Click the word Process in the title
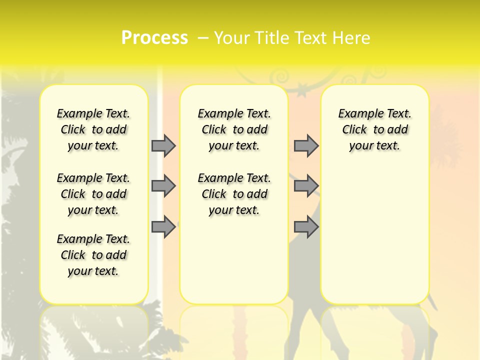coord(154,38)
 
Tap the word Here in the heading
coord(352,38)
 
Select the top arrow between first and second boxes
coord(163,145)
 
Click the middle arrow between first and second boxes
coord(163,186)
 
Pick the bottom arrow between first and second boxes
coord(163,227)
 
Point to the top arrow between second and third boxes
coord(306,145)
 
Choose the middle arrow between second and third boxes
coord(306,186)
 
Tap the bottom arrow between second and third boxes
coord(306,227)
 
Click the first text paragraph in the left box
coord(93,129)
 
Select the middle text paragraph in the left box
coord(93,194)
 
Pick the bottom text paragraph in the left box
coord(93,255)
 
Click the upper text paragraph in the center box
coord(234,129)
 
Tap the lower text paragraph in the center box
coord(234,194)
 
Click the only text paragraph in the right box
coord(374,129)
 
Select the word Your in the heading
coord(232,38)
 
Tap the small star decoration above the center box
coord(302,91)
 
